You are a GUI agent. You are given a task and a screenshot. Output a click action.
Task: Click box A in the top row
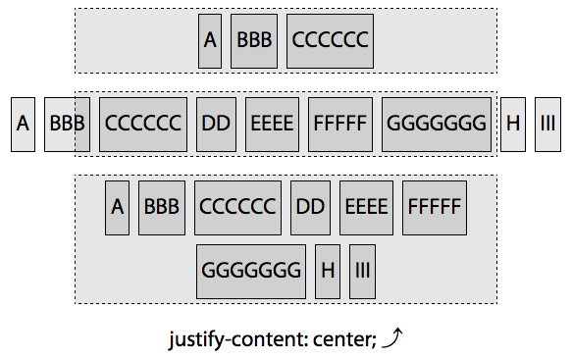210,40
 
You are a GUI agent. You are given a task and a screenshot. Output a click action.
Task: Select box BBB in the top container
254,40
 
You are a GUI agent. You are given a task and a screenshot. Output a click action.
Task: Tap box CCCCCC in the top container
330,40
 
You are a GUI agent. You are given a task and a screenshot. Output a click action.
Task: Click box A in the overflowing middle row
23,124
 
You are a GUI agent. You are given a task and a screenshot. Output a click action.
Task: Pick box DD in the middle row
216,124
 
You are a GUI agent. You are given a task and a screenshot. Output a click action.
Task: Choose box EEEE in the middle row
272,124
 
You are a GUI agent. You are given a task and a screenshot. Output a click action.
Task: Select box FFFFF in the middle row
339,124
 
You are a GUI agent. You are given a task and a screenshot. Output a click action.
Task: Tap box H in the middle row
513,124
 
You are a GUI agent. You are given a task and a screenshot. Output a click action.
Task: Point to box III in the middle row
546,124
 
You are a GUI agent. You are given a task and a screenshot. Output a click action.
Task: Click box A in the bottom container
118,207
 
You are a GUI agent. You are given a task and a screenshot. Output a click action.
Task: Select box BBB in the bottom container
162,207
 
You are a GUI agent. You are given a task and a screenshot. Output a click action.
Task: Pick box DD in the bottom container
310,207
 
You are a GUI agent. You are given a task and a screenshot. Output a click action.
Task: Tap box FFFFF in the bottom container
434,207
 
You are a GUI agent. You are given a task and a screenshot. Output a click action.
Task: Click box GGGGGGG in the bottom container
251,271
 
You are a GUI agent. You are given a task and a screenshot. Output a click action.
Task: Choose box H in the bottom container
328,271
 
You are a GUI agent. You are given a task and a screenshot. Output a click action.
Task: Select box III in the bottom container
362,271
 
